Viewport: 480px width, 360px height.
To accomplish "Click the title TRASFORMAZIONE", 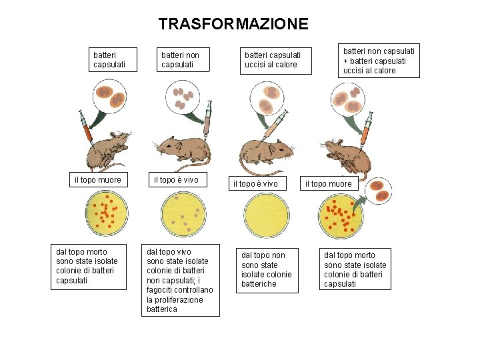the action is pyautogui.click(x=233, y=25).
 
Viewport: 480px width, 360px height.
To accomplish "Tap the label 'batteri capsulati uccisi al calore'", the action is pyautogui.click(x=273, y=59).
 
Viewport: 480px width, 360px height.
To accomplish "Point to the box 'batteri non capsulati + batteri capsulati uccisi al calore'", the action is pyautogui.click(x=379, y=60).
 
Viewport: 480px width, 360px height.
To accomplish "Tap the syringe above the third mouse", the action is pyautogui.click(x=275, y=125).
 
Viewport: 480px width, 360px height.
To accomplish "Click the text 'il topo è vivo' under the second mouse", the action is pyautogui.click(x=176, y=180).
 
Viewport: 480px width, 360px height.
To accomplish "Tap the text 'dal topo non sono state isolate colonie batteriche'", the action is pyautogui.click(x=266, y=269).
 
